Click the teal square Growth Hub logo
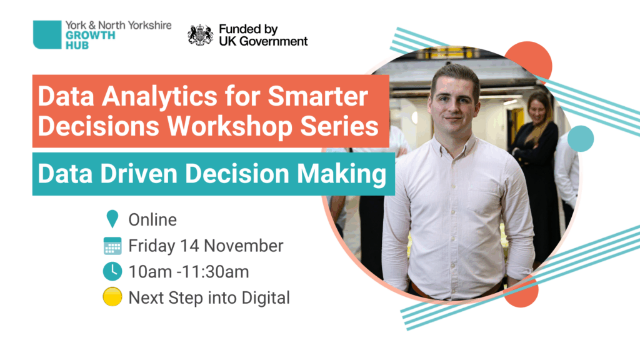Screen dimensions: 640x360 (47, 35)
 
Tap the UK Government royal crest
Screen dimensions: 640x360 (200, 35)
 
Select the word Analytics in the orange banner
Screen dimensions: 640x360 (159, 97)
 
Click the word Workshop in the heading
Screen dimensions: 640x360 (230, 126)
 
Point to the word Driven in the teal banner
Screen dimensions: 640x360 (140, 174)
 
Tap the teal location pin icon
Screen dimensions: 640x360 (112, 219)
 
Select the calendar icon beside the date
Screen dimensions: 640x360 (112, 246)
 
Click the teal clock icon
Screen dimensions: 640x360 (112, 271)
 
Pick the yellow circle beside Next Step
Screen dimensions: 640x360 (112, 297)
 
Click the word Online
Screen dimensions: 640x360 (152, 220)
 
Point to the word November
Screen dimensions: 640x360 (243, 246)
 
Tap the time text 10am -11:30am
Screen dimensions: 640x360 (189, 272)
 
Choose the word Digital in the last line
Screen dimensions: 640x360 (266, 298)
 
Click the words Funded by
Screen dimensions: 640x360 (248, 29)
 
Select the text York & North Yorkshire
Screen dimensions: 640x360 (118, 25)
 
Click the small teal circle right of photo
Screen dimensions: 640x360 (581, 139)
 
